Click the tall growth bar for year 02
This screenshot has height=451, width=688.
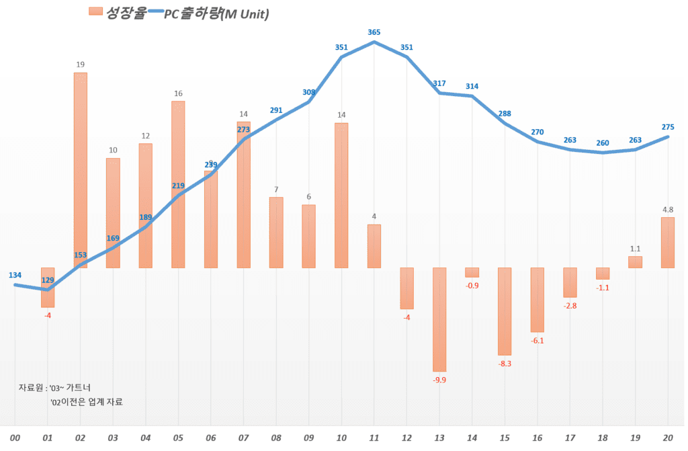pyautogui.click(x=81, y=168)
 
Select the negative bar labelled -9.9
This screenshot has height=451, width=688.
pyautogui.click(x=440, y=319)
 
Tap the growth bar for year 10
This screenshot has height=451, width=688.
pyautogui.click(x=341, y=195)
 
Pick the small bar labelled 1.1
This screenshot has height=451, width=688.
pyautogui.click(x=635, y=262)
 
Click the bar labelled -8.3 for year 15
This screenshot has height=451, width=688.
pyautogui.click(x=505, y=311)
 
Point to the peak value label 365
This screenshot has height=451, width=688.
pyautogui.click(x=374, y=32)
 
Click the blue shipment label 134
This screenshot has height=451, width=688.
pyautogui.click(x=15, y=275)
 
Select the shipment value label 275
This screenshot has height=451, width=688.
pyautogui.click(x=668, y=127)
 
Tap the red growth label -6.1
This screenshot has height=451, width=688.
pyautogui.click(x=537, y=341)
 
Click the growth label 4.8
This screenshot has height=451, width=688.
pyautogui.click(x=668, y=210)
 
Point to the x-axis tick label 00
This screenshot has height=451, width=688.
pyautogui.click(x=15, y=438)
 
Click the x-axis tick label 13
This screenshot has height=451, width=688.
pyautogui.click(x=439, y=438)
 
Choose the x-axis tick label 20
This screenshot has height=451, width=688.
pyautogui.click(x=668, y=438)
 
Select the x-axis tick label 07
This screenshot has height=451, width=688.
pyautogui.click(x=243, y=438)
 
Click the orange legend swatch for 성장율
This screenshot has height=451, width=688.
pyautogui.click(x=95, y=11)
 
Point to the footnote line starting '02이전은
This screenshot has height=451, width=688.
pyautogui.click(x=87, y=402)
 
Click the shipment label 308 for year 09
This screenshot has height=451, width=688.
pyautogui.click(x=309, y=92)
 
